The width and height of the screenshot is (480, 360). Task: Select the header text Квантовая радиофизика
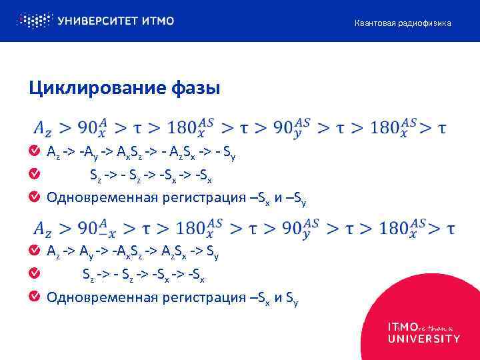[x=402, y=23]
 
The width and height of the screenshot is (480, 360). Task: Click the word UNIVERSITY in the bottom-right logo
[x=423, y=338]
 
